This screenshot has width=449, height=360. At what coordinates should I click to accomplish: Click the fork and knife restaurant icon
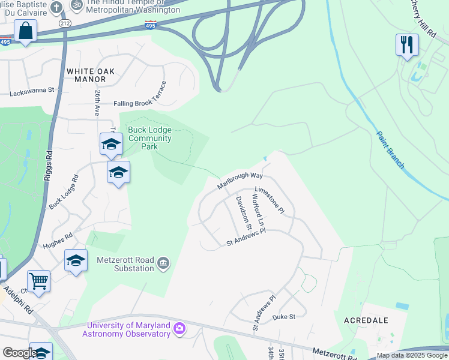point(407,44)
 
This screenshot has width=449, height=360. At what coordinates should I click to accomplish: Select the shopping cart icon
point(38,280)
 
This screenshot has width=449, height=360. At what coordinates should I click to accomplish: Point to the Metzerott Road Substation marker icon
point(163,263)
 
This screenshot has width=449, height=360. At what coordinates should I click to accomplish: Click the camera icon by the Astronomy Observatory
point(179,329)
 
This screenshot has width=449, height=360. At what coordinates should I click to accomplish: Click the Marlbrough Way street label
point(240,180)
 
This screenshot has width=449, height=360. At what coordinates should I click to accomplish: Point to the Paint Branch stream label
point(391,149)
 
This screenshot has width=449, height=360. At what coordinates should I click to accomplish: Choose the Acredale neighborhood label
point(366,320)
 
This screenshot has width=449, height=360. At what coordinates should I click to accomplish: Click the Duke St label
point(284,316)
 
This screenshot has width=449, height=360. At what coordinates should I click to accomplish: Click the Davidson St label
point(243,212)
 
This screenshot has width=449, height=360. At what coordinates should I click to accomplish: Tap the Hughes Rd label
point(58,241)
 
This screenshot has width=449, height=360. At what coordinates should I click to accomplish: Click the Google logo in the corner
point(20,353)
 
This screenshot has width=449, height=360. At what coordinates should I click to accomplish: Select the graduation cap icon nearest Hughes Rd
point(76,260)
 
